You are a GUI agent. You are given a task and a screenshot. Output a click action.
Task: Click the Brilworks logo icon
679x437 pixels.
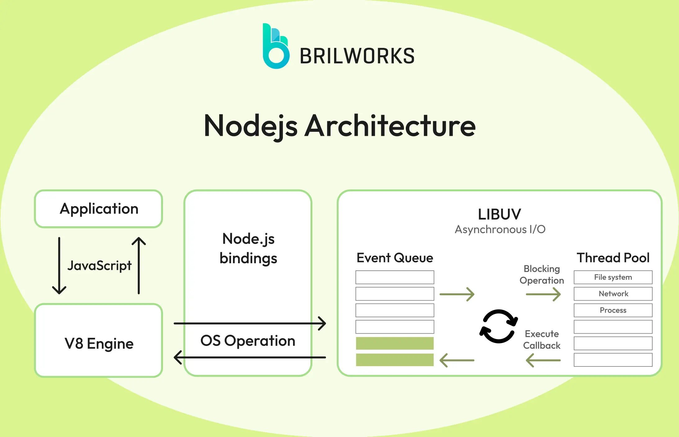(276, 47)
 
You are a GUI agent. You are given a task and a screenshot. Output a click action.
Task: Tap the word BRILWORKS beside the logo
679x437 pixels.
(357, 56)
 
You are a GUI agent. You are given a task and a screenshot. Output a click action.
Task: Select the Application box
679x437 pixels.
(99, 209)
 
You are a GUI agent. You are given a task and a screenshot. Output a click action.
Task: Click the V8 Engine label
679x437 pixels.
(99, 343)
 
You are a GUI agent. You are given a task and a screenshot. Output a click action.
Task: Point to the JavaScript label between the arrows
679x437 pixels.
(99, 265)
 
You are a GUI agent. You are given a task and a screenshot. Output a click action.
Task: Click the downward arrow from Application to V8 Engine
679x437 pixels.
(59, 266)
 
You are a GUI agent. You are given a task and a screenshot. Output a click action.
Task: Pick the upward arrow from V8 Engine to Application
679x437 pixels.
(139, 266)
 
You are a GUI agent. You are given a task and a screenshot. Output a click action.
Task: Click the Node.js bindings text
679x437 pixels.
(248, 249)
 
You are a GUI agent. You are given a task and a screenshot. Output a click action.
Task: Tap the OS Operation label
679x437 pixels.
(248, 341)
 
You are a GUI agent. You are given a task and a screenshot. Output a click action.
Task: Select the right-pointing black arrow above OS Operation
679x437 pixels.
(250, 323)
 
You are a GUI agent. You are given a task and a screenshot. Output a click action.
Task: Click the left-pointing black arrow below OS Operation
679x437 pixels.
(250, 357)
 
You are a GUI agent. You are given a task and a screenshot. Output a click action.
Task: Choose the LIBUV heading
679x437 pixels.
(500, 214)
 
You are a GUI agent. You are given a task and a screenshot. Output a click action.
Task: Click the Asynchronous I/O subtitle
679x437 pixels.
(500, 229)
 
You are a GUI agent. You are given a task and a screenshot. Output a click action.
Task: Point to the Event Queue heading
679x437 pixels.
(395, 258)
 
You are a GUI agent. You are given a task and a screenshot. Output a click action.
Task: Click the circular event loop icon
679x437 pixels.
(499, 326)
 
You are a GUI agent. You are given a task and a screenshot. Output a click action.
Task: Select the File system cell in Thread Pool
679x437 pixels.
(613, 277)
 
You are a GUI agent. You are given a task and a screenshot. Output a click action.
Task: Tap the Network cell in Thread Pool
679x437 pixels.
(613, 294)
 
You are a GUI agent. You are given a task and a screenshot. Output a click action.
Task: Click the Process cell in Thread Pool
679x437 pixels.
(613, 310)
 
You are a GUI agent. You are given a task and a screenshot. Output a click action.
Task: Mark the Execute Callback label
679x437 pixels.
(542, 340)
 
